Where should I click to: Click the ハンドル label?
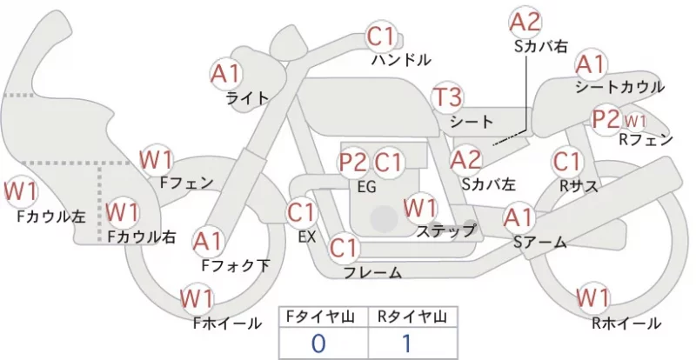coord(401,59)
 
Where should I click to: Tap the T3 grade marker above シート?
coord(448,97)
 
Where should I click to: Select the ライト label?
coord(248,97)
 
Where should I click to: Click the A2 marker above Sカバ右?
coord(525,22)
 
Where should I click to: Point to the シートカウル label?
coord(620,87)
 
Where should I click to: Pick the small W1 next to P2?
coord(635,121)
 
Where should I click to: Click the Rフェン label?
coord(646,139)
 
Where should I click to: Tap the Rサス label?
coord(579,186)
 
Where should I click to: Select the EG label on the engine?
coord(366,187)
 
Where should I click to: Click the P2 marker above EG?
coord(354,163)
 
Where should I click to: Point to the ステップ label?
coord(445,230)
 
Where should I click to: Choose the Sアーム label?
coord(539,242)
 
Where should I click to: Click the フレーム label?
coord(373,272)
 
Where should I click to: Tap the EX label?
coord(307,237)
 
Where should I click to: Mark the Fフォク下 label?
coord(236,265)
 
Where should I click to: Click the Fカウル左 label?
coord(51,217)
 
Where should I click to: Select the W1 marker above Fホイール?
coord(197,298)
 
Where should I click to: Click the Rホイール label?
coord(626,323)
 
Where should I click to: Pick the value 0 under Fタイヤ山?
coord(318,343)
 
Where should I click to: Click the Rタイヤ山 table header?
coord(412,317)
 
